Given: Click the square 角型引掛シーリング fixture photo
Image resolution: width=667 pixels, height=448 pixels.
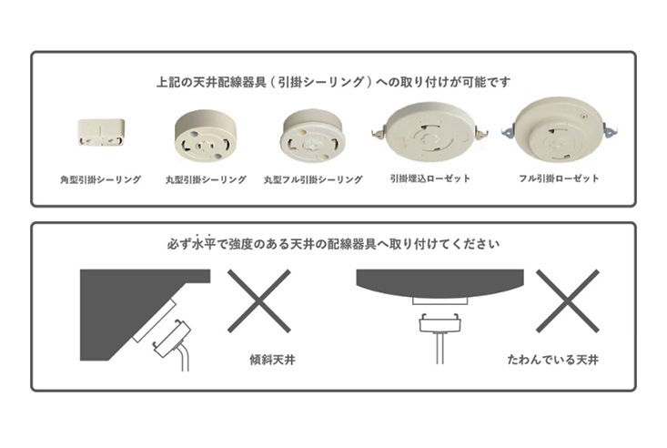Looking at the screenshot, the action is point(101,132).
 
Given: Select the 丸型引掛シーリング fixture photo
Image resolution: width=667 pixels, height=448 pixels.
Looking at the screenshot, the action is point(206,136).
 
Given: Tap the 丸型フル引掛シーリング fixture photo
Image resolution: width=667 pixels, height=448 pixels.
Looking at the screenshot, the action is point(312,137).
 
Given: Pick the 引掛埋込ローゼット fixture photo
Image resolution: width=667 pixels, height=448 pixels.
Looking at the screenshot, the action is point(430,132).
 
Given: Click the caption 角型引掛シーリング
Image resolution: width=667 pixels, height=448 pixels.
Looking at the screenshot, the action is point(100,179).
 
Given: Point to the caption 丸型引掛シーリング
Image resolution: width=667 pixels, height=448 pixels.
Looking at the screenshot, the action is point(206,179).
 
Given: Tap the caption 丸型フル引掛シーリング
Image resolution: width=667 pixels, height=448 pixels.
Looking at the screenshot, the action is point(313,179).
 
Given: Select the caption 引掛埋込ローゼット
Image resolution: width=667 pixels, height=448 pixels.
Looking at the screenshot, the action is point(430,178).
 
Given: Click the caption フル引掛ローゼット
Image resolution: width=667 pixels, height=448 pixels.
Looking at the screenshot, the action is point(559,178).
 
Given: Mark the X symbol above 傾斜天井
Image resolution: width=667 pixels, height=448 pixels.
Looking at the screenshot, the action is point(259,300).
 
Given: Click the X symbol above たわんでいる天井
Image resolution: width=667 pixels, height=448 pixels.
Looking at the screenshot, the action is point(568,300).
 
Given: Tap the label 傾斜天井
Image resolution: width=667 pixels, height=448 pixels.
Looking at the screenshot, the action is point(272,361).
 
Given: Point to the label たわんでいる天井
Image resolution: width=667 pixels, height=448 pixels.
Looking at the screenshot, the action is point(553,360).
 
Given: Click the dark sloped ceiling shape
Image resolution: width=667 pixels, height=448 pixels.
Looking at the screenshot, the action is point(127,307).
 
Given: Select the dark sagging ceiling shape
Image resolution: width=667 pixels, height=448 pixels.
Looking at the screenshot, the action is point(440,283).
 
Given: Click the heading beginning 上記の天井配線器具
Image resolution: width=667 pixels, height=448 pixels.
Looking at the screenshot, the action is point(333,82).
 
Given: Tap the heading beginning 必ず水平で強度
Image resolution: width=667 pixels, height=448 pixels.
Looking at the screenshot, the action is point(333,244).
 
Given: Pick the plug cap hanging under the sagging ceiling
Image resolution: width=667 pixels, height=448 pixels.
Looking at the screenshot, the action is point(440,323).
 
